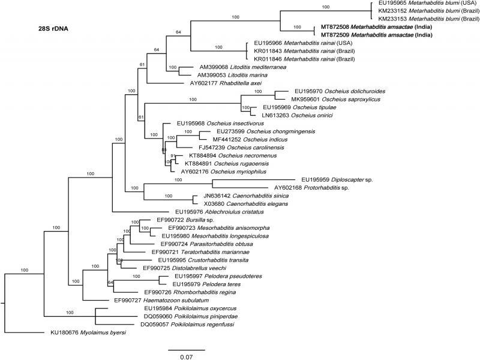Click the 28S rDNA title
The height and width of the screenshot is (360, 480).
[x=51, y=28]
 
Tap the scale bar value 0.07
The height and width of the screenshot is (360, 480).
[x=186, y=356]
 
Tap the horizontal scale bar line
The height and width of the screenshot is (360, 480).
[x=186, y=349]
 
